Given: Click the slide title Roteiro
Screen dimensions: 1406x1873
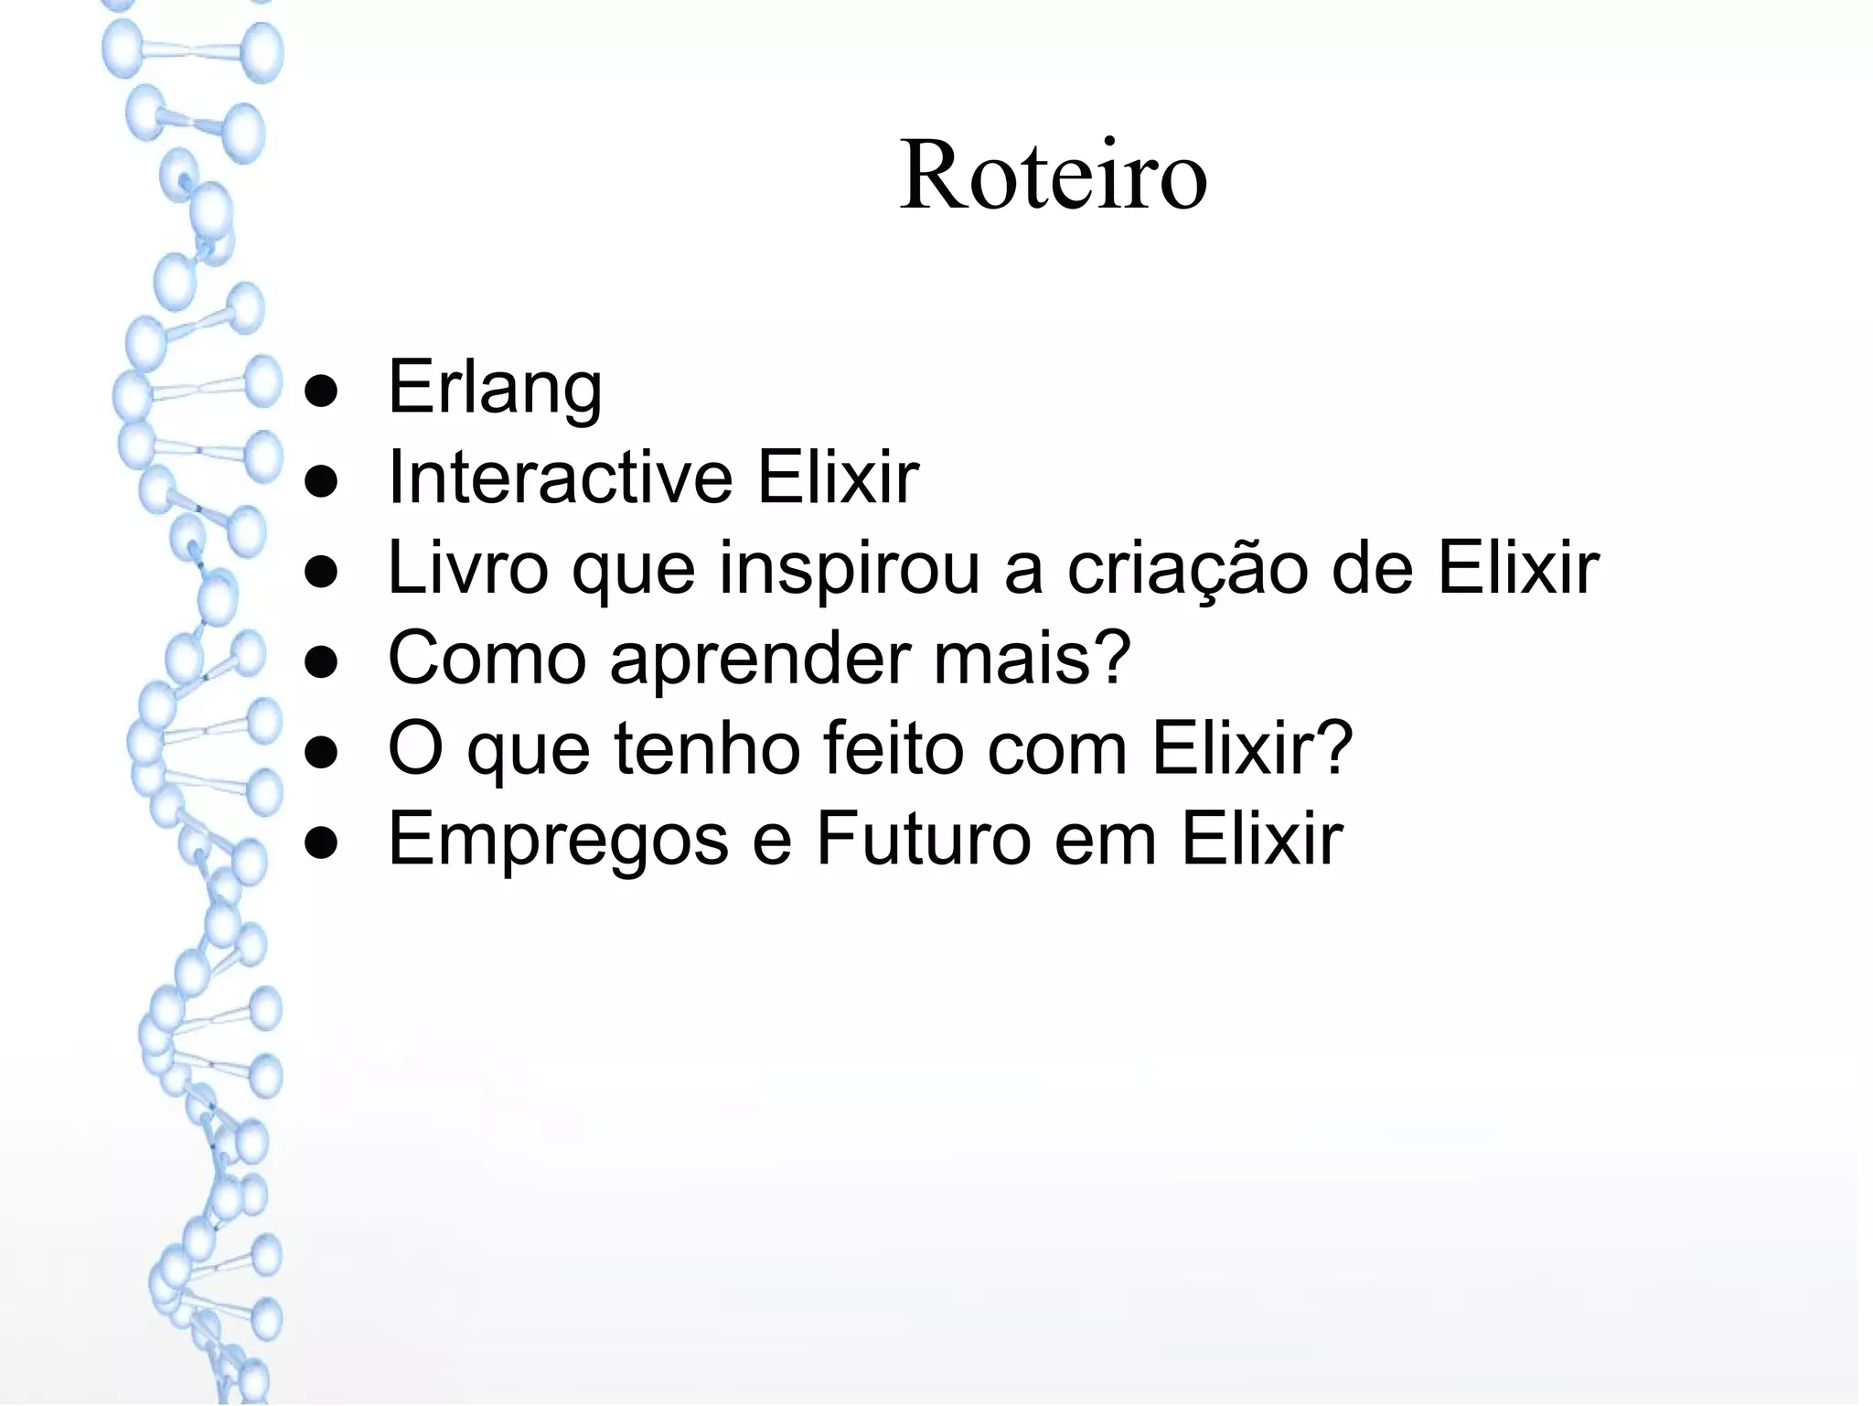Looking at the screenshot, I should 1053,175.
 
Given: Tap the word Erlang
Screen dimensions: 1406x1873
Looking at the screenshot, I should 495,388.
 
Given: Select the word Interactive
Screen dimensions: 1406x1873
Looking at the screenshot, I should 560,478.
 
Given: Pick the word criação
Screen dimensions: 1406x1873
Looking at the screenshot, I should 1187,568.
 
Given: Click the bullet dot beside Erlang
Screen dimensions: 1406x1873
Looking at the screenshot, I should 322,392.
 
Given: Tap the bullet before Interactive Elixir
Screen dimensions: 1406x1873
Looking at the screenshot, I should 322,483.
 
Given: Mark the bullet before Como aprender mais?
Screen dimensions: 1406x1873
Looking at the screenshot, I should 322,664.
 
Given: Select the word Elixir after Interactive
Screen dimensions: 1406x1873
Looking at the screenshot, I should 837,478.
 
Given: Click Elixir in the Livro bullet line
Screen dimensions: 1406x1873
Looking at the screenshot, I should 1518,568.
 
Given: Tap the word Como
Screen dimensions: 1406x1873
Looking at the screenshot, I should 487,658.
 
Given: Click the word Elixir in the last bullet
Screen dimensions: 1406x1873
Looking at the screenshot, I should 1262,838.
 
